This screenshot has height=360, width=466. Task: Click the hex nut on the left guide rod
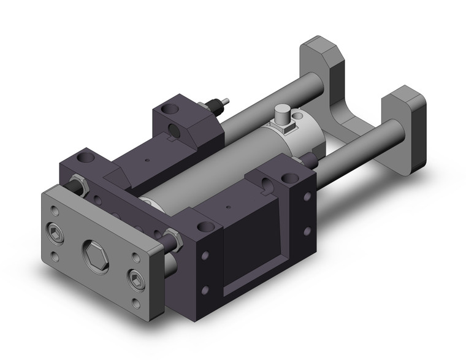pyautogui.click(x=77, y=183)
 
